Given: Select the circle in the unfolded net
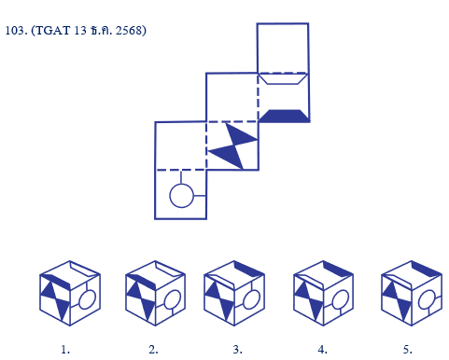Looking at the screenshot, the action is (181, 196).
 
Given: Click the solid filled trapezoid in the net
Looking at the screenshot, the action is (283, 116).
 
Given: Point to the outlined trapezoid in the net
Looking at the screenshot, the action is (283, 78).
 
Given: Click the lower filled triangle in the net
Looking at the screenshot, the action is (225, 157).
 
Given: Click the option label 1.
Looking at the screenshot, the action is (65, 350).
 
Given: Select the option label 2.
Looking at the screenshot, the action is (153, 350).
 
